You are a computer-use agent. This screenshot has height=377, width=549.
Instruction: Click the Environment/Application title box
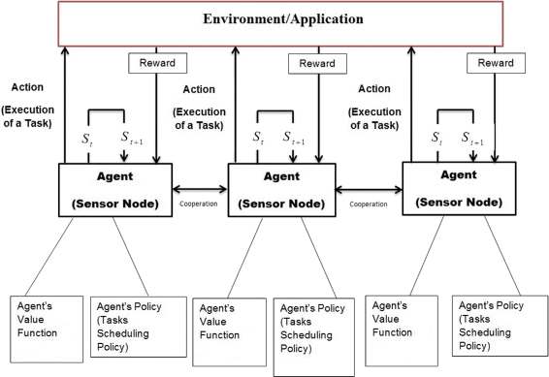(274, 20)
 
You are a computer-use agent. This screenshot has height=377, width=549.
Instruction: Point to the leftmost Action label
(28, 85)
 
